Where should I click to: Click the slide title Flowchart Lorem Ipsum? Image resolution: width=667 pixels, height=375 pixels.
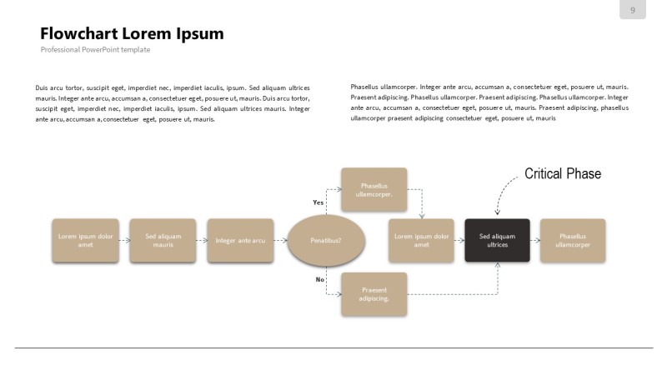[x=132, y=34]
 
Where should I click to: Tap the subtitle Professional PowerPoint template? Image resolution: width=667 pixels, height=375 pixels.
[x=95, y=50]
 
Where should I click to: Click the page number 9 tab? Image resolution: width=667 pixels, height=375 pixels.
[x=633, y=10]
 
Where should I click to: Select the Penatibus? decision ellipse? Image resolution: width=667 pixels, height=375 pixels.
[x=326, y=240]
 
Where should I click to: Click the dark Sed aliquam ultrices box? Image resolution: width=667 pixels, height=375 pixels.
[x=497, y=240]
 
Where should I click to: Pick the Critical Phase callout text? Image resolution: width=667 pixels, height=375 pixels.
[x=562, y=173]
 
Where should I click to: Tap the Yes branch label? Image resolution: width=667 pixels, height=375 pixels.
[x=318, y=202]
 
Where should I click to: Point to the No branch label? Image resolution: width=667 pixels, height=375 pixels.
[x=319, y=279]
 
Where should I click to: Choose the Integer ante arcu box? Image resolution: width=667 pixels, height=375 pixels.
[x=240, y=240]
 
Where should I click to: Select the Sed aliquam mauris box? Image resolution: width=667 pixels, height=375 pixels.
[x=163, y=240]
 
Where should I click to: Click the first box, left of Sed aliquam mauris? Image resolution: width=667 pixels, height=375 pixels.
[x=85, y=240]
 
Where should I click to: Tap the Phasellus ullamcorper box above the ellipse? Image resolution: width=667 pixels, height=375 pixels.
[x=374, y=189]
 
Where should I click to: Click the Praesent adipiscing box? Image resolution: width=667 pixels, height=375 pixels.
[x=374, y=294]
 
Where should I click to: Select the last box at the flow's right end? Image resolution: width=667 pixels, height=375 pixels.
[x=573, y=240]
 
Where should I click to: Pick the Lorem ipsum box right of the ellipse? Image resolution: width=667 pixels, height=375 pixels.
[x=421, y=240]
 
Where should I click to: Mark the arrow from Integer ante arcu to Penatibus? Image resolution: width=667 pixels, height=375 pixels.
[x=280, y=240]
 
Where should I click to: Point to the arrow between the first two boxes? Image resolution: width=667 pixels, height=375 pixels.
[x=124, y=240]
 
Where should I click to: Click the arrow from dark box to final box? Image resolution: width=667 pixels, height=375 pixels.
[x=535, y=240]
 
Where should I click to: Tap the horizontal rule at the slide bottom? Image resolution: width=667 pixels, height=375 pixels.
[x=333, y=347]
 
